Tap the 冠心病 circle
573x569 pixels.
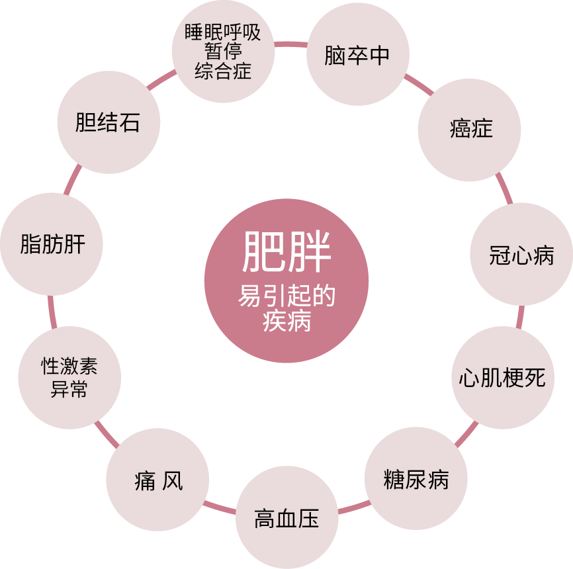[521, 255]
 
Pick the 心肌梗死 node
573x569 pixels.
[502, 378]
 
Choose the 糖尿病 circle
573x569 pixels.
[416, 478]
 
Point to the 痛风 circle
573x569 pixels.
[157, 480]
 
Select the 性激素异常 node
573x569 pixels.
[69, 378]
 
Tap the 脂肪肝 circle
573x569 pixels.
[52, 244]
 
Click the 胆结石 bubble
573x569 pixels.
[109, 122]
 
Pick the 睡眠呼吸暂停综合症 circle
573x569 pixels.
[223, 52]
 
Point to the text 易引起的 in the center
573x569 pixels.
[286, 297]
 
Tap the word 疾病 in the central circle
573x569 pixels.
[286, 322]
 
